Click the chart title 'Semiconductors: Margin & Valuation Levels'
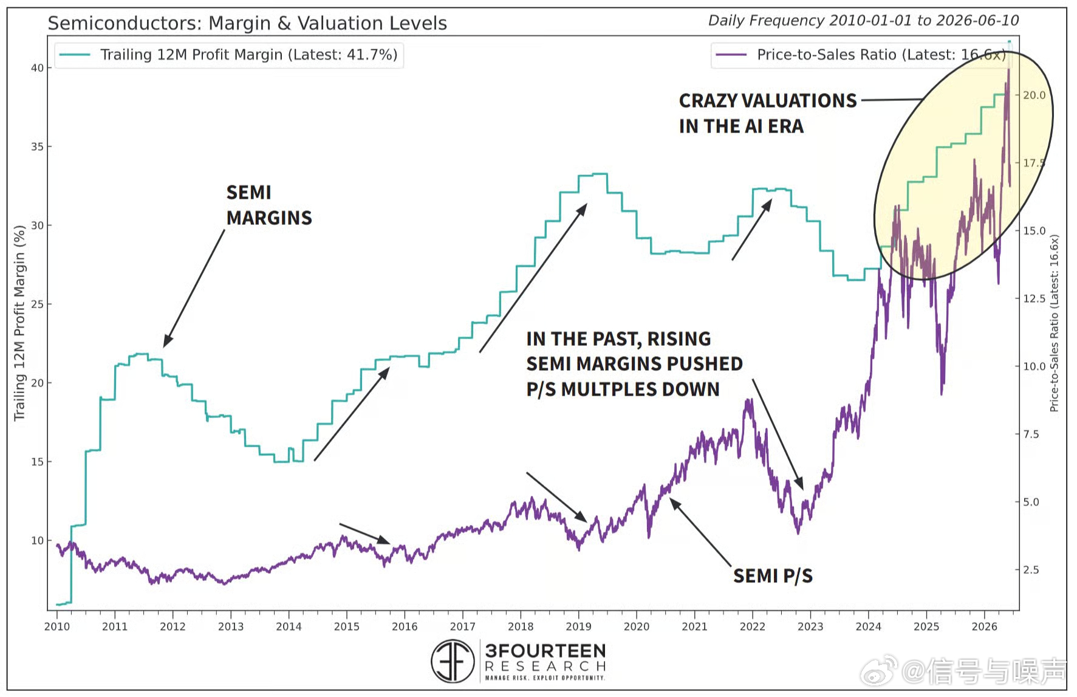[247, 23]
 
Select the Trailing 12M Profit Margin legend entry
[229, 55]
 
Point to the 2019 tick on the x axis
[578, 626]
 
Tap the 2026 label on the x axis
[984, 626]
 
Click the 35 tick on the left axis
[37, 146]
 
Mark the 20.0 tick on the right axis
[1034, 95]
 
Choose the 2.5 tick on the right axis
[1031, 569]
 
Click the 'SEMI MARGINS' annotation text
[269, 205]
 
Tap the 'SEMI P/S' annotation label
[773, 575]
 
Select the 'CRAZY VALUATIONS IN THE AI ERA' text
[768, 113]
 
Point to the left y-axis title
[19, 323]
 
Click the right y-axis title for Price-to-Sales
[1054, 323]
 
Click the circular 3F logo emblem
[453, 661]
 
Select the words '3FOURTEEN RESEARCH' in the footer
[545, 658]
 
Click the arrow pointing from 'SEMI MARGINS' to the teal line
[194, 288]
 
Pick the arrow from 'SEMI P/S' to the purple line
[700, 532]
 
